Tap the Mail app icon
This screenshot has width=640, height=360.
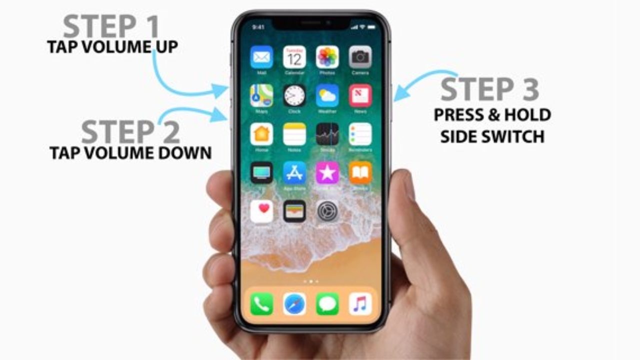(x=261, y=57)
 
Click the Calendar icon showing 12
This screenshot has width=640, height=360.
(x=294, y=57)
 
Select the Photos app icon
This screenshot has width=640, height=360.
(x=327, y=57)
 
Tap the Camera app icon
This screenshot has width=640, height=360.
(x=360, y=57)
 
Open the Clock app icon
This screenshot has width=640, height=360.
(x=294, y=95)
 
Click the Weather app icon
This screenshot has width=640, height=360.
(x=327, y=95)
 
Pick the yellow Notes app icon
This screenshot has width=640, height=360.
(x=294, y=134)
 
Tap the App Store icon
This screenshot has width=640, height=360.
(x=294, y=172)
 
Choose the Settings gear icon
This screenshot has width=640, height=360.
(x=327, y=211)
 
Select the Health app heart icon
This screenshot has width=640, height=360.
(x=261, y=211)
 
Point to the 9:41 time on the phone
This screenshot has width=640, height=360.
(x=258, y=26)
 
